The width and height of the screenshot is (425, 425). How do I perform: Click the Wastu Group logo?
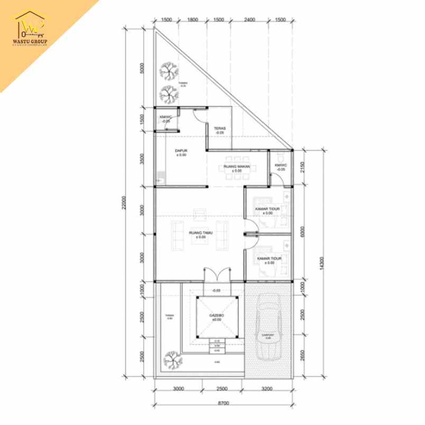click(x=30, y=29)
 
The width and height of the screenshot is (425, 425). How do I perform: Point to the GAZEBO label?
click(x=216, y=317)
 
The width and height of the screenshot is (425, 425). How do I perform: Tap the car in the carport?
click(x=269, y=330)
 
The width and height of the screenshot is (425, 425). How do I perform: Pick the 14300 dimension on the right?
click(x=321, y=263)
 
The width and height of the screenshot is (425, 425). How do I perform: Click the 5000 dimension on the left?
click(x=142, y=69)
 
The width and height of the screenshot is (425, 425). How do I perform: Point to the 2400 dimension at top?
click(x=250, y=20)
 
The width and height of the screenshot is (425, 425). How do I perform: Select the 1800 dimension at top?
click(x=192, y=20)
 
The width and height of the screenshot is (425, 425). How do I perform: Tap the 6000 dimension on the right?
click(x=302, y=233)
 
